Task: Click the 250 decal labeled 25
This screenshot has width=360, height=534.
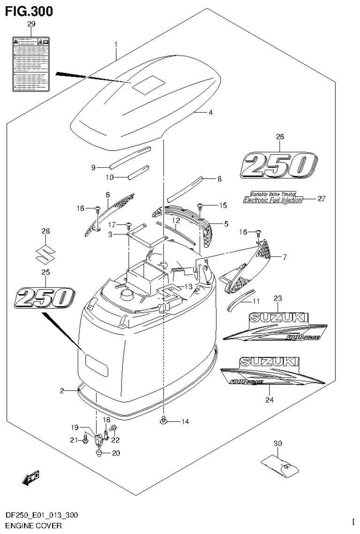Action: pyautogui.click(x=46, y=298)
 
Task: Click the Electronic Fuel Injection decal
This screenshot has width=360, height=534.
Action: pyautogui.click(x=273, y=199)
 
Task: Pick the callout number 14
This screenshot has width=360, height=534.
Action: pyautogui.click(x=185, y=422)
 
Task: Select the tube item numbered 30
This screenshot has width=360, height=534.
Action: pyautogui.click(x=280, y=466)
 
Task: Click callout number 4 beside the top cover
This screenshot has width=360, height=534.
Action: pyautogui.click(x=211, y=113)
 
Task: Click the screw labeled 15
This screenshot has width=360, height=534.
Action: pyautogui.click(x=200, y=206)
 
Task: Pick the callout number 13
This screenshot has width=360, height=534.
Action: pyautogui.click(x=175, y=286)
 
